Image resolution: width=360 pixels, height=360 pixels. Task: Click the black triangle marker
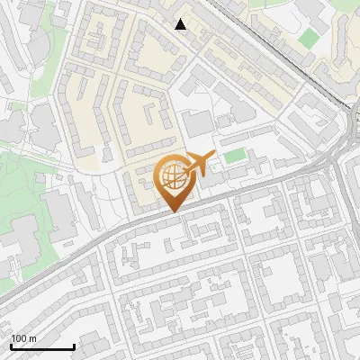coord(181,24)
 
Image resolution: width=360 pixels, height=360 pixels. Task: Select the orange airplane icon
coord(200,164)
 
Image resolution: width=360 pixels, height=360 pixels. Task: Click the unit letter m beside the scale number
coord(33,338)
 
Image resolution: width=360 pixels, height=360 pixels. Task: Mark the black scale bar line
coord(42,347)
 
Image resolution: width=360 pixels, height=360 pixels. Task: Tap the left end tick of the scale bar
coord(11,346)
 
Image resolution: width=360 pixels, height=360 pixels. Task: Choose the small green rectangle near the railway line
coord(309,38)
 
